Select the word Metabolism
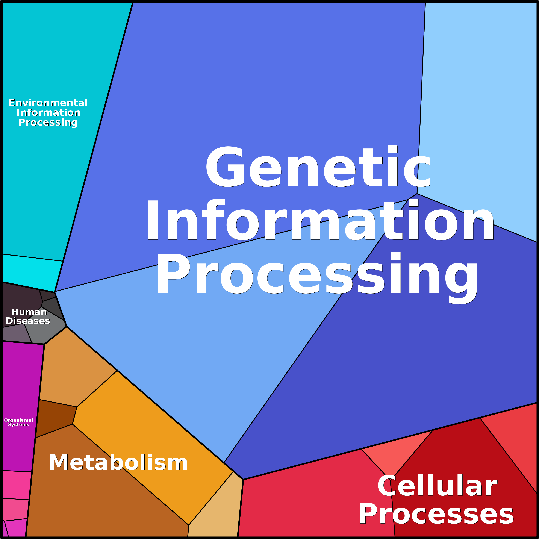(x=118, y=463)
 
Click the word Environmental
(x=48, y=103)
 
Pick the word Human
(x=29, y=312)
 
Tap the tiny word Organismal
(x=19, y=420)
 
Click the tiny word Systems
(x=19, y=425)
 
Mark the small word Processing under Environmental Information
(x=48, y=123)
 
